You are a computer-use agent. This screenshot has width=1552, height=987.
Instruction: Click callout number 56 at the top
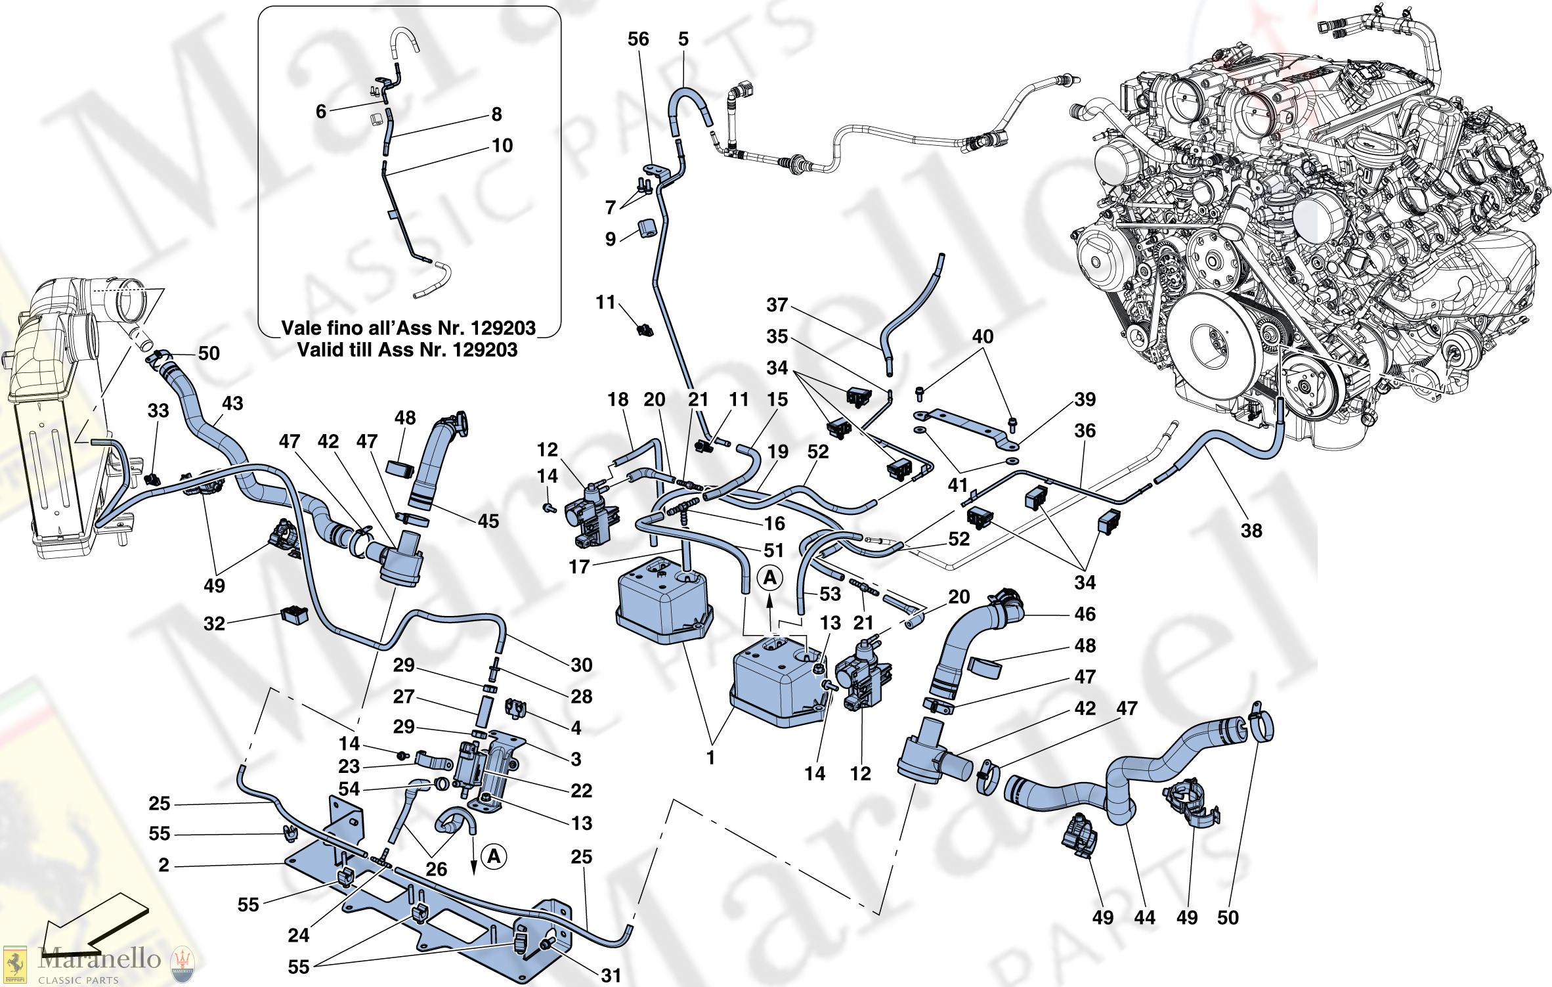[637, 39]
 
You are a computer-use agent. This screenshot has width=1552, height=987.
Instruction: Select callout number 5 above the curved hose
[683, 39]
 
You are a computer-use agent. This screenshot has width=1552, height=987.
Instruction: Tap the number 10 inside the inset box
[502, 146]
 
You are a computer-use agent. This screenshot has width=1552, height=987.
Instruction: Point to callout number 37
[777, 305]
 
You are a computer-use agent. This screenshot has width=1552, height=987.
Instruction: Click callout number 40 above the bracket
[983, 336]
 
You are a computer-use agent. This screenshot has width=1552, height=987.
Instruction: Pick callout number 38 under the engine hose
[1251, 531]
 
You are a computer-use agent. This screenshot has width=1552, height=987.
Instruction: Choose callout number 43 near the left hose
[232, 403]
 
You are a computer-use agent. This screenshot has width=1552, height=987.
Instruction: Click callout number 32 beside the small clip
[214, 623]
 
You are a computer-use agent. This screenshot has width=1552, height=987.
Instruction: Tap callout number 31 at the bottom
[611, 975]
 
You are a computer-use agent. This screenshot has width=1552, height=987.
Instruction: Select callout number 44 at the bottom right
[1144, 917]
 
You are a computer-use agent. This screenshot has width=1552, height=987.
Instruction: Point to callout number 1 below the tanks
[710, 758]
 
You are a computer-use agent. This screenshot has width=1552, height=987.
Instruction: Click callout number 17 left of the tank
[579, 567]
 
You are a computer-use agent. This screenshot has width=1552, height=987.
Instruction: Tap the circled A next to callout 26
[494, 856]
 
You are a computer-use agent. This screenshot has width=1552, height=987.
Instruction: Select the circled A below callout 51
[770, 578]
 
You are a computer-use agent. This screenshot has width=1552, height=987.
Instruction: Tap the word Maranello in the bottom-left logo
[99, 959]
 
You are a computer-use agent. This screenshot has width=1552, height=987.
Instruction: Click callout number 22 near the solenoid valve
[582, 791]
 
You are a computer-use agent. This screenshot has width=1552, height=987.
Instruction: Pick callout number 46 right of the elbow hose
[1085, 614]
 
